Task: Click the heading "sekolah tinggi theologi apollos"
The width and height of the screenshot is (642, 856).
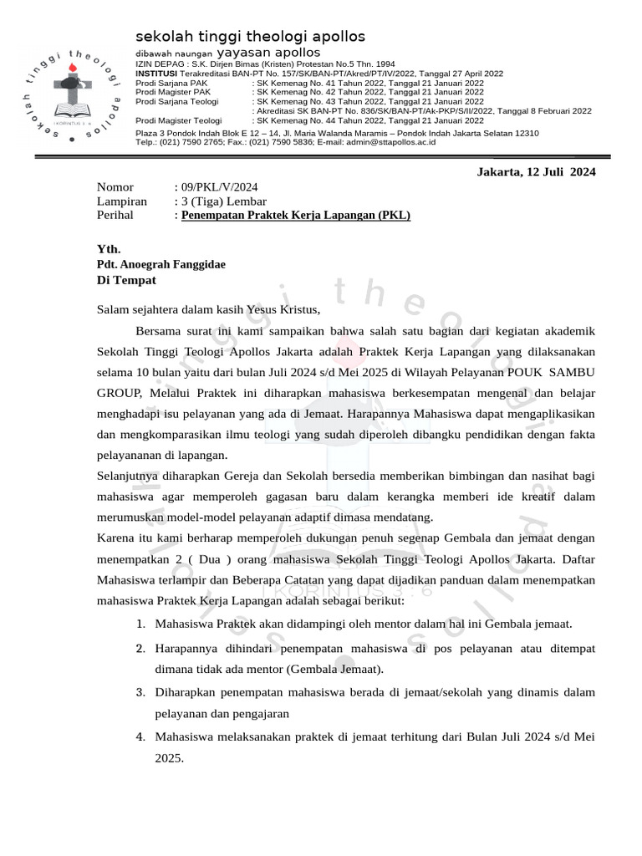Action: coord(250,38)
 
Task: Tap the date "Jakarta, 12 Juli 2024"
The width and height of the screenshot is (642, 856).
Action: coord(535,172)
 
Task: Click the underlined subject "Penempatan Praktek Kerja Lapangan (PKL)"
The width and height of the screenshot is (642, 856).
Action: coord(296,215)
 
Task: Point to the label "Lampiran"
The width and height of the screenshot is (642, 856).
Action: coord(122,201)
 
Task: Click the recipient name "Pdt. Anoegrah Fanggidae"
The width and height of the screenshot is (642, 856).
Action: coord(160,264)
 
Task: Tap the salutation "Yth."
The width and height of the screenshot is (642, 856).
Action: coord(109,249)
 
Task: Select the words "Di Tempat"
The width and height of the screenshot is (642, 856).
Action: coord(125,280)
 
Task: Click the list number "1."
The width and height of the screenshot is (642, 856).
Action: coord(140,624)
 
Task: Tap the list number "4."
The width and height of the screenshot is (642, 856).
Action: coord(140,736)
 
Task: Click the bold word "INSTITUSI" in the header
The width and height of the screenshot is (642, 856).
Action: coord(155,74)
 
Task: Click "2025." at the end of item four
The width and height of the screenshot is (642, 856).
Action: coord(168,758)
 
